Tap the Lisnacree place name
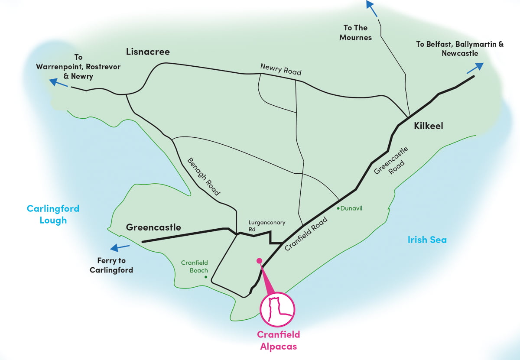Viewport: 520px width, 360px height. [148, 52]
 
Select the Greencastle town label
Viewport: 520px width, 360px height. [153, 227]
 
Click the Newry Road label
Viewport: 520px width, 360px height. [280, 69]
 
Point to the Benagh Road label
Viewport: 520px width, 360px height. [204, 176]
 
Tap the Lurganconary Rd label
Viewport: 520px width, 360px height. [267, 226]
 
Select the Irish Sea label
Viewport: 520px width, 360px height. [427, 240]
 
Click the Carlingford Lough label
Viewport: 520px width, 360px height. [53, 214]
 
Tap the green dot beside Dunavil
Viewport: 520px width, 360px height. [338, 208]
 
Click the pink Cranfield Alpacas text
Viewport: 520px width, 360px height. [278, 340]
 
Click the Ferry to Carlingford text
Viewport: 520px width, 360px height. [111, 265]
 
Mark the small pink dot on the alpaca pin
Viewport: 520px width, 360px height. [259, 261]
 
